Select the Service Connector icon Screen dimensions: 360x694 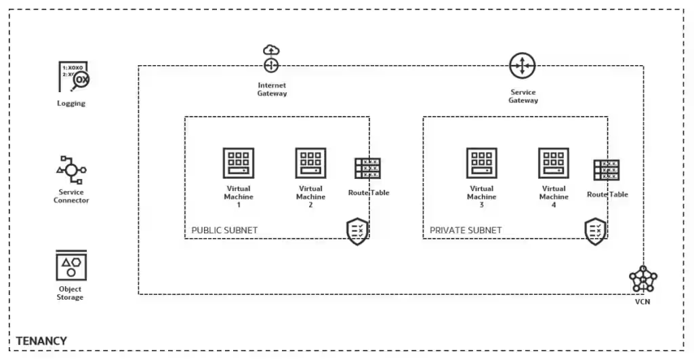pyautogui.click(x=71, y=169)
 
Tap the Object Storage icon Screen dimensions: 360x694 pyautogui.click(x=70, y=266)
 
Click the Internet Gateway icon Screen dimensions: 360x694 pyautogui.click(x=271, y=60)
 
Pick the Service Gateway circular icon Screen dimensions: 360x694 pyautogui.click(x=523, y=66)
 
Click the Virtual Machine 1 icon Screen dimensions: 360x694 pyautogui.click(x=239, y=163)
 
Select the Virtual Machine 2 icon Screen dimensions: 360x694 pyautogui.click(x=310, y=163)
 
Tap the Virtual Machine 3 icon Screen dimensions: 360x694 pyautogui.click(x=482, y=163)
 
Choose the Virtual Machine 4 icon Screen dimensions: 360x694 pyautogui.click(x=554, y=163)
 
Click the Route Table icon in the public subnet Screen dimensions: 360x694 pyautogui.click(x=368, y=168)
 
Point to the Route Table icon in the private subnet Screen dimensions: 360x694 pyautogui.click(x=607, y=169)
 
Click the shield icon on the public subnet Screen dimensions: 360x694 pyautogui.click(x=358, y=231)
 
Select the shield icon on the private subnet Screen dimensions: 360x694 pyautogui.click(x=596, y=231)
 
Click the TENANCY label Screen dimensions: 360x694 pyautogui.click(x=41, y=340)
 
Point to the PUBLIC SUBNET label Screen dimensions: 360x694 pyautogui.click(x=224, y=231)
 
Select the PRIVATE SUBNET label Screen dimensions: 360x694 pyautogui.click(x=466, y=231)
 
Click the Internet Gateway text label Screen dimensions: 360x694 pyautogui.click(x=272, y=89)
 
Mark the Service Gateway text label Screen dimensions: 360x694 pyautogui.click(x=523, y=96)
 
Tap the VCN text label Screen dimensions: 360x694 pyautogui.click(x=642, y=302)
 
